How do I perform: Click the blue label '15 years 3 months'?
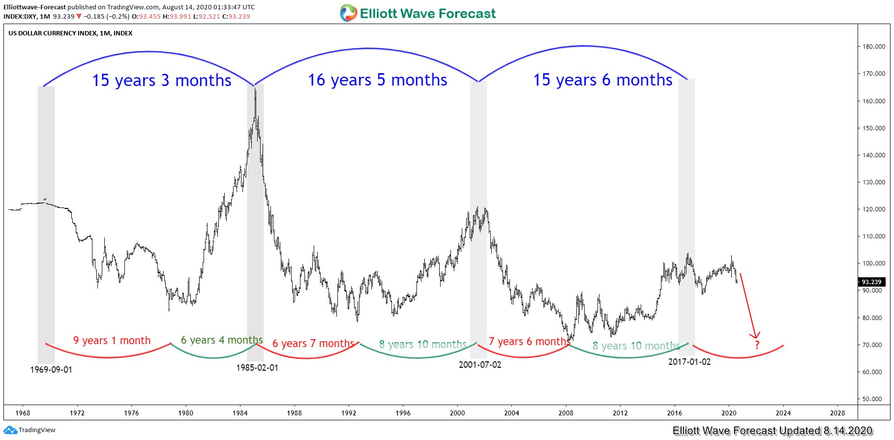point(161,80)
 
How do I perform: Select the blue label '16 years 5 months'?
point(377,80)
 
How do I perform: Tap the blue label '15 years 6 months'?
point(602,80)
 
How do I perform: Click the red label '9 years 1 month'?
point(112,340)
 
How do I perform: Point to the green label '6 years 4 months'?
point(222,340)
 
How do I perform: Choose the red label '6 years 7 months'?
point(313,344)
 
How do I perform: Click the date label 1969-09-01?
point(51,370)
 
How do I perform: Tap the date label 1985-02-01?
point(257,368)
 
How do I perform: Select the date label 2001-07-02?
point(480,365)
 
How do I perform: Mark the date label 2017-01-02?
point(689,362)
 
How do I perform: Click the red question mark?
point(757,345)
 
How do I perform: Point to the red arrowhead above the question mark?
point(755,336)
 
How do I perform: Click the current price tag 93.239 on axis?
point(871,282)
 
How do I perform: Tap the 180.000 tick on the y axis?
point(874,47)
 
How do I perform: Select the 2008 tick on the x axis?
point(566,413)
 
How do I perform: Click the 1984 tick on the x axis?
point(240,413)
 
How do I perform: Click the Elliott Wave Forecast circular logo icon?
point(348,13)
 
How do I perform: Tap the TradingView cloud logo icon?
point(10,430)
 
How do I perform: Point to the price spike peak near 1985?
point(255,89)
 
